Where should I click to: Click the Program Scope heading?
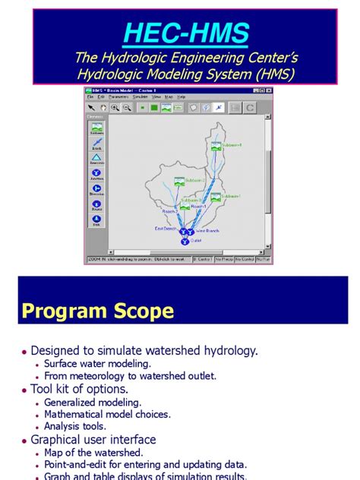97,311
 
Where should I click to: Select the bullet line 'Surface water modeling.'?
97,363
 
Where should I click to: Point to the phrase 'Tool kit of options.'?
79,389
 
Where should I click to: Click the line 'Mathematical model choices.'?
107,414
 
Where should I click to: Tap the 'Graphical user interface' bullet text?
93,440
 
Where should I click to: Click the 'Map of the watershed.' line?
94,453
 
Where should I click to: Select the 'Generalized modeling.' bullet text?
93,402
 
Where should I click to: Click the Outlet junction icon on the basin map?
184,241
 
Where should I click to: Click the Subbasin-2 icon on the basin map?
179,181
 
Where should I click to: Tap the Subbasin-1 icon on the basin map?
216,197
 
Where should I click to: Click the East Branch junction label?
166,228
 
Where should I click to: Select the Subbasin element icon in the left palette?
96,130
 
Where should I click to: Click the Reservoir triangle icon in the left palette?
96,158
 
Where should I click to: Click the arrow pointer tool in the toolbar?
92,108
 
